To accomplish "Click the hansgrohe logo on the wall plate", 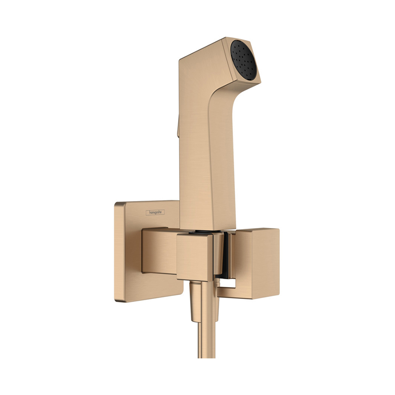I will pos(155,213).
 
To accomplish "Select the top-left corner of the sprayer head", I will pos(181,60).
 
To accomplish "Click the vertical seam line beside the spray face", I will pos(229,59).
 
